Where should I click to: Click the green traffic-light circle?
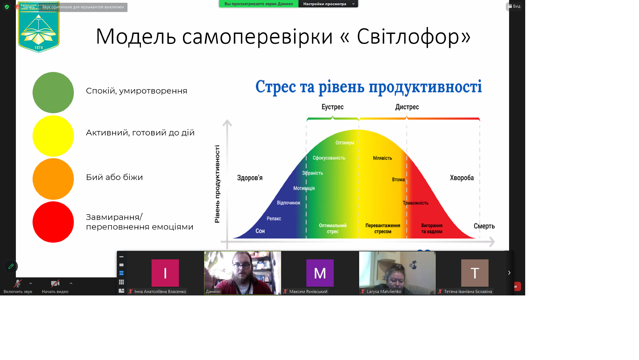pos(53,92)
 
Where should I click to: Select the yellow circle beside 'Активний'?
pos(53,136)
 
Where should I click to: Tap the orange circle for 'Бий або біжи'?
pos(53,179)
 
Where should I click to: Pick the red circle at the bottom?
pos(53,222)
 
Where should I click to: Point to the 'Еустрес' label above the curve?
pos(332,107)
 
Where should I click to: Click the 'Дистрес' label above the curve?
pos(407,107)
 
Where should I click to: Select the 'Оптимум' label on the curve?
pos(345,143)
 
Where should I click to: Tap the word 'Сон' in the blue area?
pos(260,231)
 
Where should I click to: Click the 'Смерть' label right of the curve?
pos(484,226)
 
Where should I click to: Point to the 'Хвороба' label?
pos(462,178)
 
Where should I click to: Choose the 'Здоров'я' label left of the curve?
pos(249,178)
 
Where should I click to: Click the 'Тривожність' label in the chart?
pos(416,203)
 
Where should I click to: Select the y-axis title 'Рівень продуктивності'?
pos(217,184)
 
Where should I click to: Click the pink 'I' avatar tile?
pos(165,273)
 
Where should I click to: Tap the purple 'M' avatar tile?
pos(320,273)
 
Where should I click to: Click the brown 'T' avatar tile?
pos(475,273)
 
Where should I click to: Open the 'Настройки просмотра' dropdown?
pos(328,4)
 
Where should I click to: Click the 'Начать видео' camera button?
pos(55,286)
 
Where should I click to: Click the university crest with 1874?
pos(39,27)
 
